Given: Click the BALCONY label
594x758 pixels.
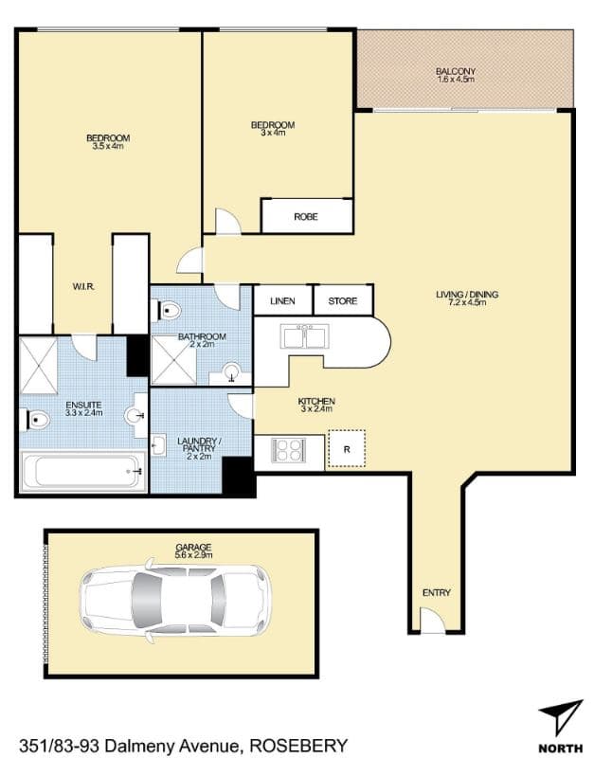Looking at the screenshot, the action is pyautogui.click(x=456, y=72).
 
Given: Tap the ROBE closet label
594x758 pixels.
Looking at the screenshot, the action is pyautogui.click(x=305, y=217).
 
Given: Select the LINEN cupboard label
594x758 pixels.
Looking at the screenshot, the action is pyautogui.click(x=282, y=301).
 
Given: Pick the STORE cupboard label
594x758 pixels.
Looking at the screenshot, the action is pyautogui.click(x=343, y=301).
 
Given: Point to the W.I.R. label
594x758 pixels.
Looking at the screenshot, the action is pyautogui.click(x=83, y=287).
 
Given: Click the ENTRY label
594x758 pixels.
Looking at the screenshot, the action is pyautogui.click(x=437, y=593).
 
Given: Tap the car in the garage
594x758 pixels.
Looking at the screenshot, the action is pyautogui.click(x=175, y=601).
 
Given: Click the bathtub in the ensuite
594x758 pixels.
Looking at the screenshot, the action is pyautogui.click(x=83, y=471).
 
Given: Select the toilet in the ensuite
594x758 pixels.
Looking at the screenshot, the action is pyautogui.click(x=35, y=420).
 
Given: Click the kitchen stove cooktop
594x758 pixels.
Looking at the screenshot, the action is pyautogui.click(x=289, y=450).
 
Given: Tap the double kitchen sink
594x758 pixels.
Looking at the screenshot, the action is pyautogui.click(x=305, y=336).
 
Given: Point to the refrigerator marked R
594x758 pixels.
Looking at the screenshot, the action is pyautogui.click(x=347, y=449).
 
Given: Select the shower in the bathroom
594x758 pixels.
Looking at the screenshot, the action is pyautogui.click(x=174, y=360).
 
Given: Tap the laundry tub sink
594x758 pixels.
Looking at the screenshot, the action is pyautogui.click(x=158, y=444).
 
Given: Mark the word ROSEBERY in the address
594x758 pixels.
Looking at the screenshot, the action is pyautogui.click(x=298, y=745).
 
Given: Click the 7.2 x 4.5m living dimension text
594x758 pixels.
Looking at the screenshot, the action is pyautogui.click(x=467, y=302).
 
